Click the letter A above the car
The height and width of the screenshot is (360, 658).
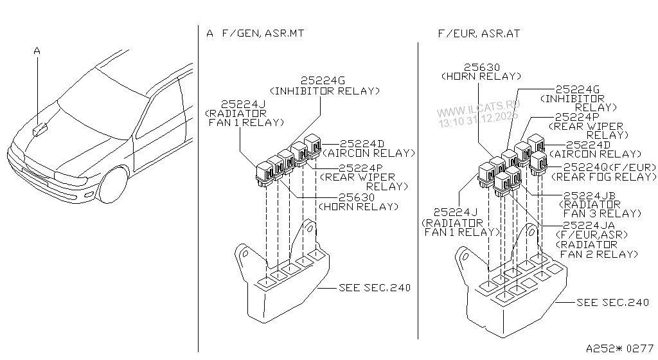tap(37, 51)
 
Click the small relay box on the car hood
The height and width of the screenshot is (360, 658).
tap(40, 130)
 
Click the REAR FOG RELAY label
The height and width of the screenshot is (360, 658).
tap(604, 177)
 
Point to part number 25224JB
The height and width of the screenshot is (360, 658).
tap(589, 195)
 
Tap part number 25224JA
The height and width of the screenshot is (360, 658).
tap(589, 225)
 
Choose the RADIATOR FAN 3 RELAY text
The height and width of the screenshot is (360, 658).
tap(600, 209)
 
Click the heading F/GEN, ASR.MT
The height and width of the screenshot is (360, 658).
tap(263, 33)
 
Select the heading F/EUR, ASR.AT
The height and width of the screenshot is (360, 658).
tap(479, 33)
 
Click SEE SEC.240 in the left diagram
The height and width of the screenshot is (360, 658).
tap(375, 288)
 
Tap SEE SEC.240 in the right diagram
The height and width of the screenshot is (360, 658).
tap(613, 303)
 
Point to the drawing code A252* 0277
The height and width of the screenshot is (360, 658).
tap(620, 348)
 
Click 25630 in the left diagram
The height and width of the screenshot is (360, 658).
tap(357, 197)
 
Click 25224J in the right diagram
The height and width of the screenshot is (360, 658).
tap(456, 213)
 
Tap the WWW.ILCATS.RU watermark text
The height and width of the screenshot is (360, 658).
tap(478, 108)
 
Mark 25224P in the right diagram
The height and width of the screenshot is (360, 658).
tap(577, 117)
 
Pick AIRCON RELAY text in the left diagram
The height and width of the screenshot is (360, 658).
tap(369, 154)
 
